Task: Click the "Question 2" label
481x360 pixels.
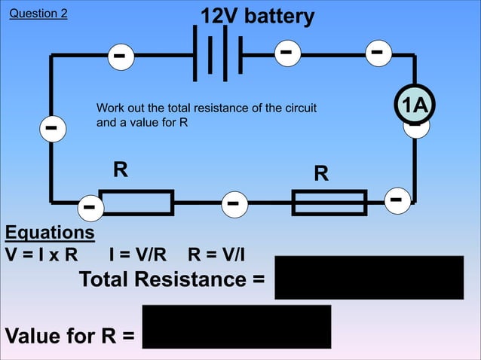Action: coord(38,14)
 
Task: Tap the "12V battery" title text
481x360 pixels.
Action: coord(257,16)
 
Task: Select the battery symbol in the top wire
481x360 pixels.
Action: coord(218,54)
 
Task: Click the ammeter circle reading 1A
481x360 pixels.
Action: coord(414,106)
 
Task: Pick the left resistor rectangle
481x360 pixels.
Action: coord(136,203)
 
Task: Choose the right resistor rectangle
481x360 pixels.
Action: coord(329,203)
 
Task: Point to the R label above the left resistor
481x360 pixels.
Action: coord(120,169)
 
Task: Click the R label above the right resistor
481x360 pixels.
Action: coord(321,174)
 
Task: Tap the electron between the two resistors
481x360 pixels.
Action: coord(233,204)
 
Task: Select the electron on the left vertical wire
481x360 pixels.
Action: coord(51,129)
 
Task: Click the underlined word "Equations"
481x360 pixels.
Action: coord(50,232)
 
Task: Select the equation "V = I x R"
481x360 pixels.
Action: coord(41,253)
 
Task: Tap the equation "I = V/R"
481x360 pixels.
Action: coord(138,253)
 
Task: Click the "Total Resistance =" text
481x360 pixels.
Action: coord(172,279)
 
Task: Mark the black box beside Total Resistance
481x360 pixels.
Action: coord(369,277)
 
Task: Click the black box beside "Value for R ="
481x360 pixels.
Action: coord(236,326)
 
